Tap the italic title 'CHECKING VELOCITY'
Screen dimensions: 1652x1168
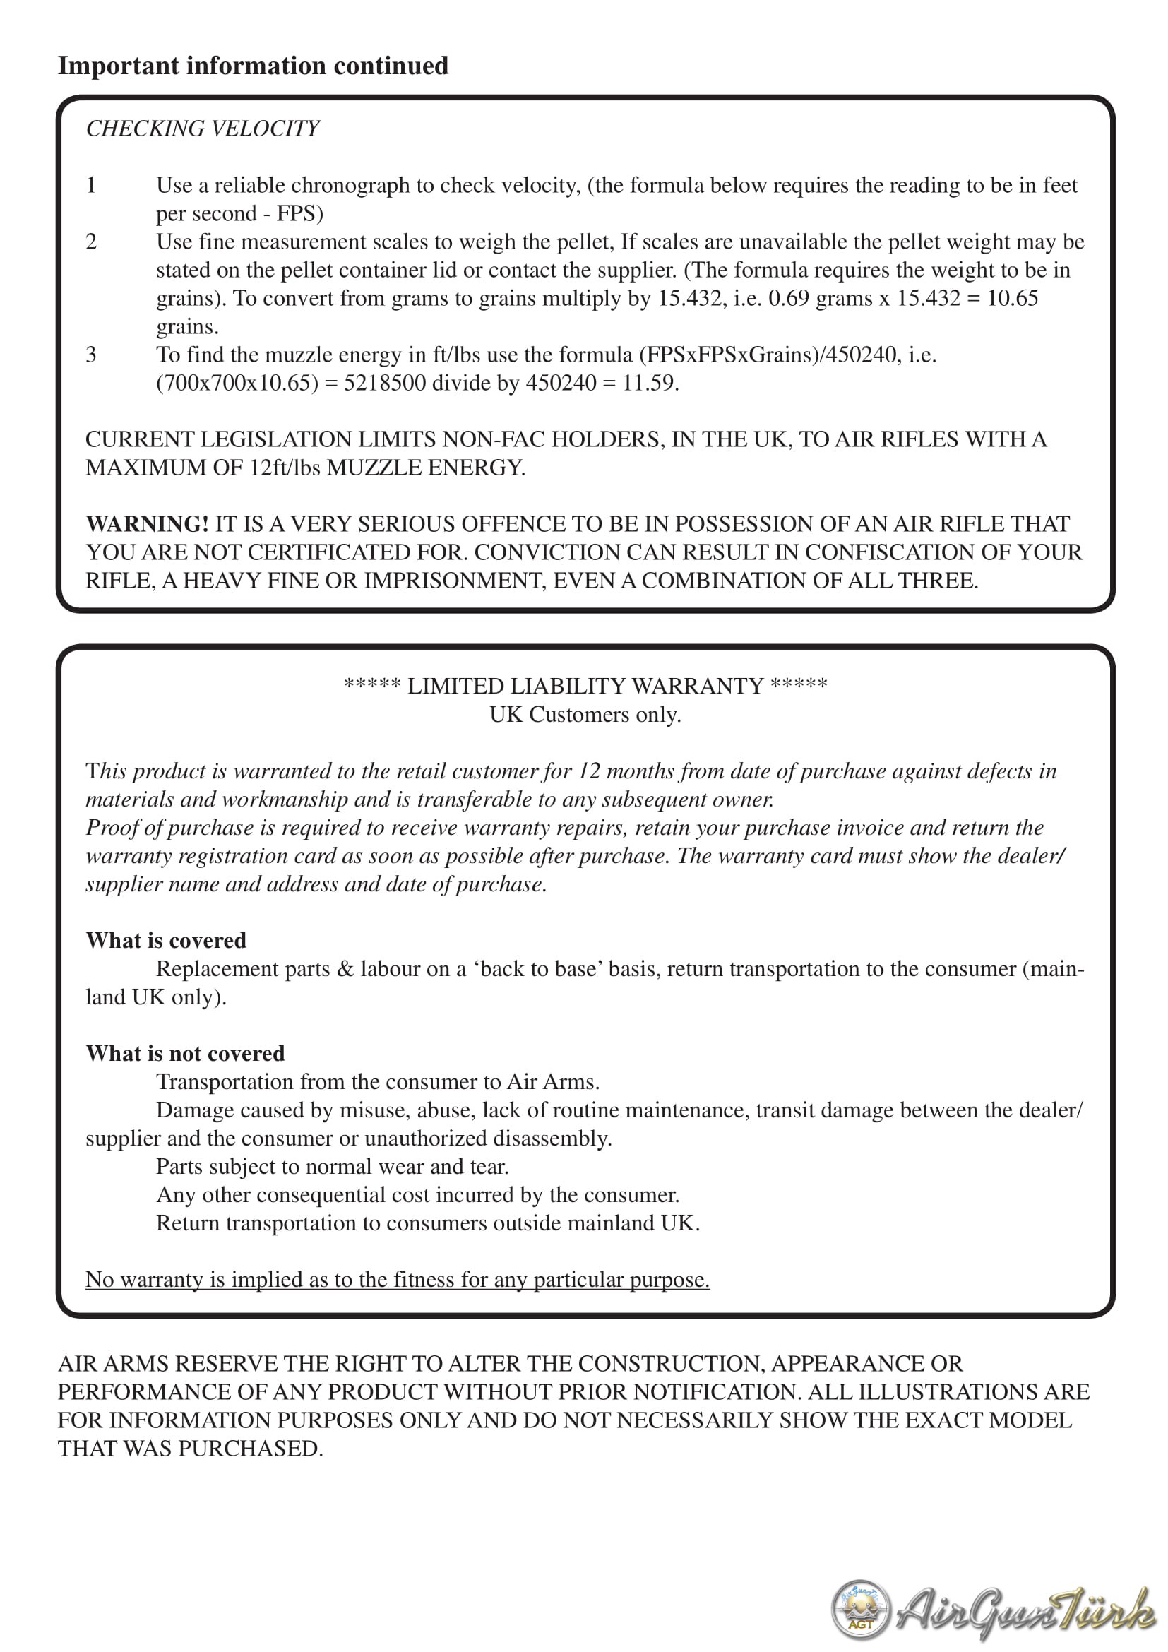click(202, 128)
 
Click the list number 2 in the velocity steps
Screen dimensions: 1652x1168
click(91, 242)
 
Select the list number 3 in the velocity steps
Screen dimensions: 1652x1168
click(91, 355)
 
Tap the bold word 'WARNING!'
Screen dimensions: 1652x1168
click(148, 524)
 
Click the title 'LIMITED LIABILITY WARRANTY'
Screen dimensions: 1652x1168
click(585, 686)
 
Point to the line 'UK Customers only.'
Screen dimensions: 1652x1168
click(585, 715)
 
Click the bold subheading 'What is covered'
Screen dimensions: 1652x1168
click(166, 940)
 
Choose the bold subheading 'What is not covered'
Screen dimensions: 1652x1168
click(186, 1053)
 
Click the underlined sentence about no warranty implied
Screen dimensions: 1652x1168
click(398, 1279)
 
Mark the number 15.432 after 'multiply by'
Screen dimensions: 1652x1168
click(691, 299)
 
